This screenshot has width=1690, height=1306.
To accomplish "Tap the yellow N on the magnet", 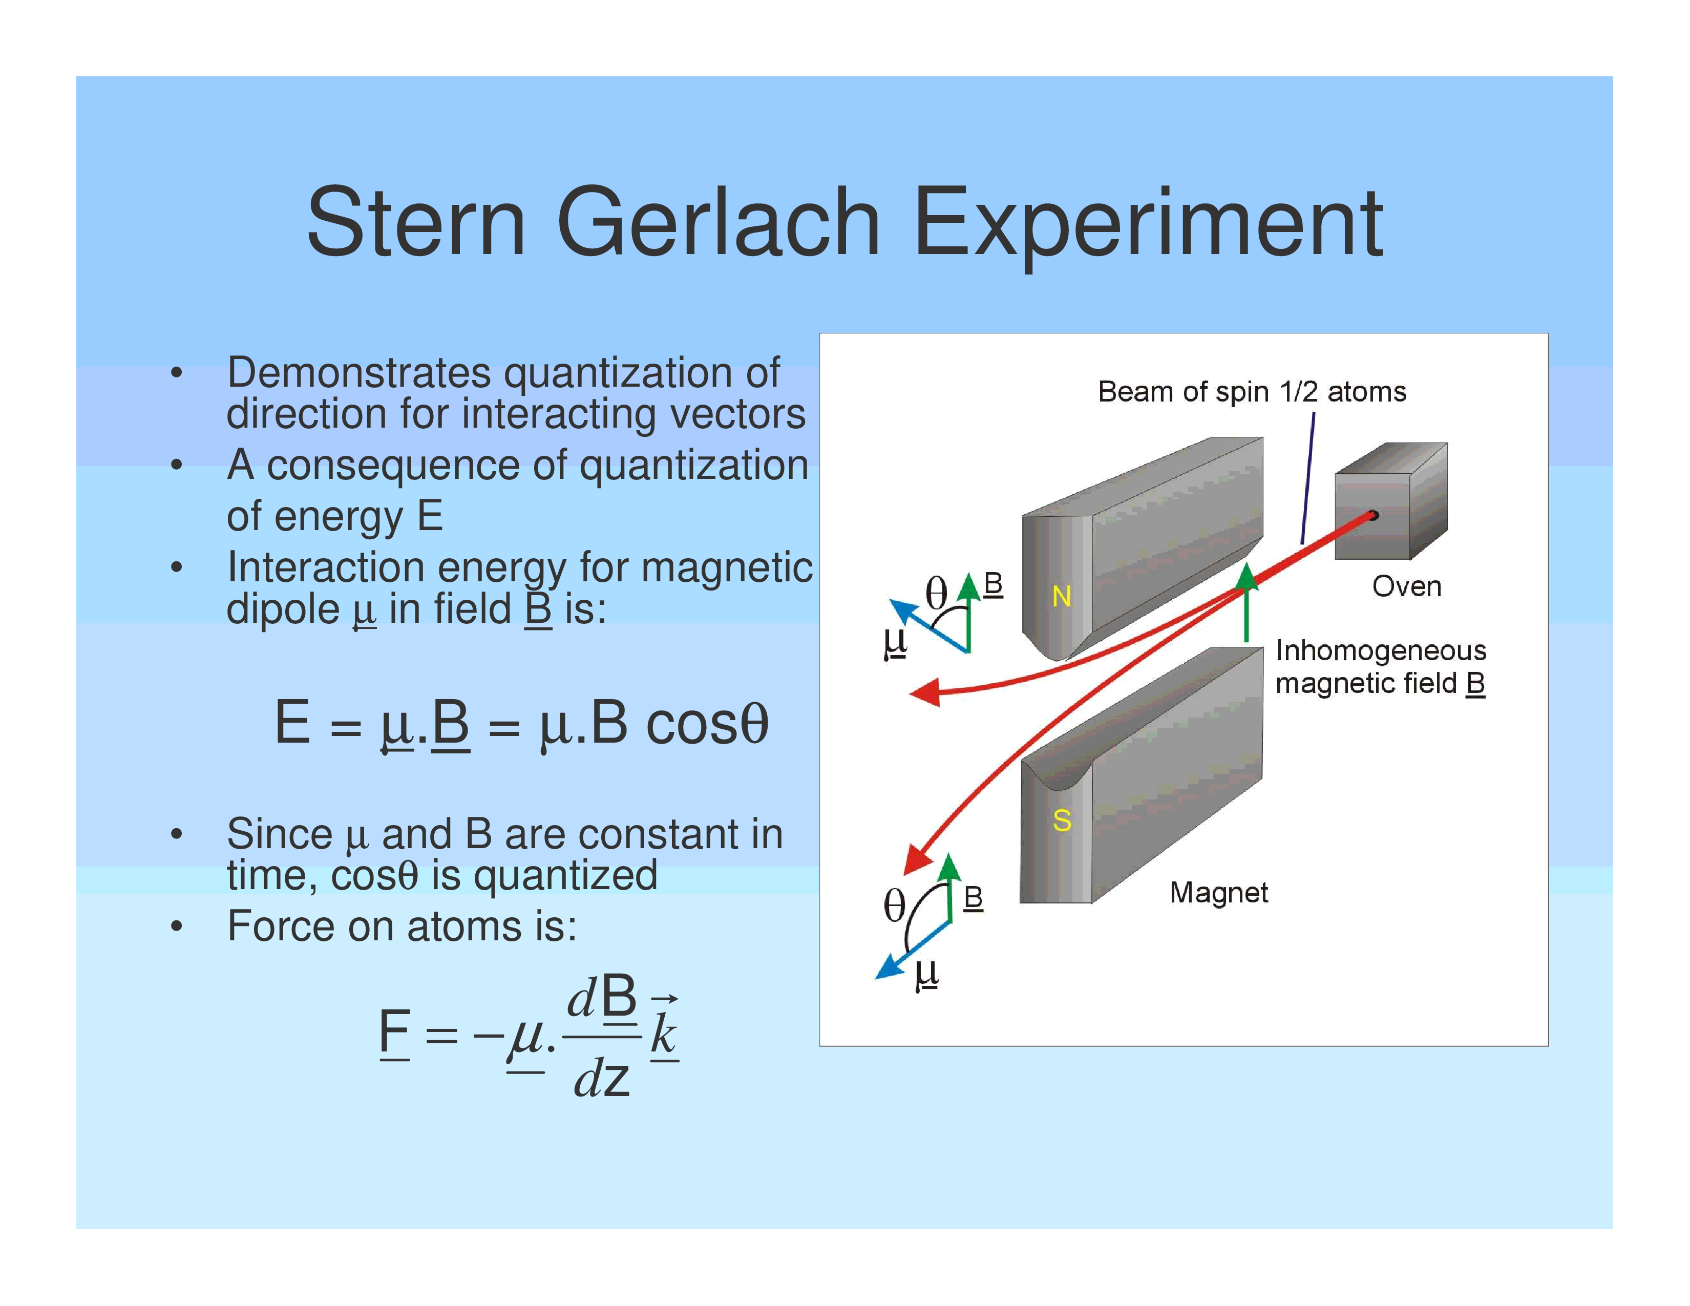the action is point(1061,597).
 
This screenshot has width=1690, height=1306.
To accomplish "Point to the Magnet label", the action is point(1219,893).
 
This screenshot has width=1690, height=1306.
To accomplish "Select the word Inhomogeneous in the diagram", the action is point(1381,650).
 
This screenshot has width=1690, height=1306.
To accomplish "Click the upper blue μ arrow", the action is point(928,625).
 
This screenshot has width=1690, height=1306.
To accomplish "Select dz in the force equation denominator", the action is point(602,1078).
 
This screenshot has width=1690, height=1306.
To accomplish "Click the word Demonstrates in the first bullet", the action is point(359,373).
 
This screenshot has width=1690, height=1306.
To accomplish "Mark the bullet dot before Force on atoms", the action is point(177,926).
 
